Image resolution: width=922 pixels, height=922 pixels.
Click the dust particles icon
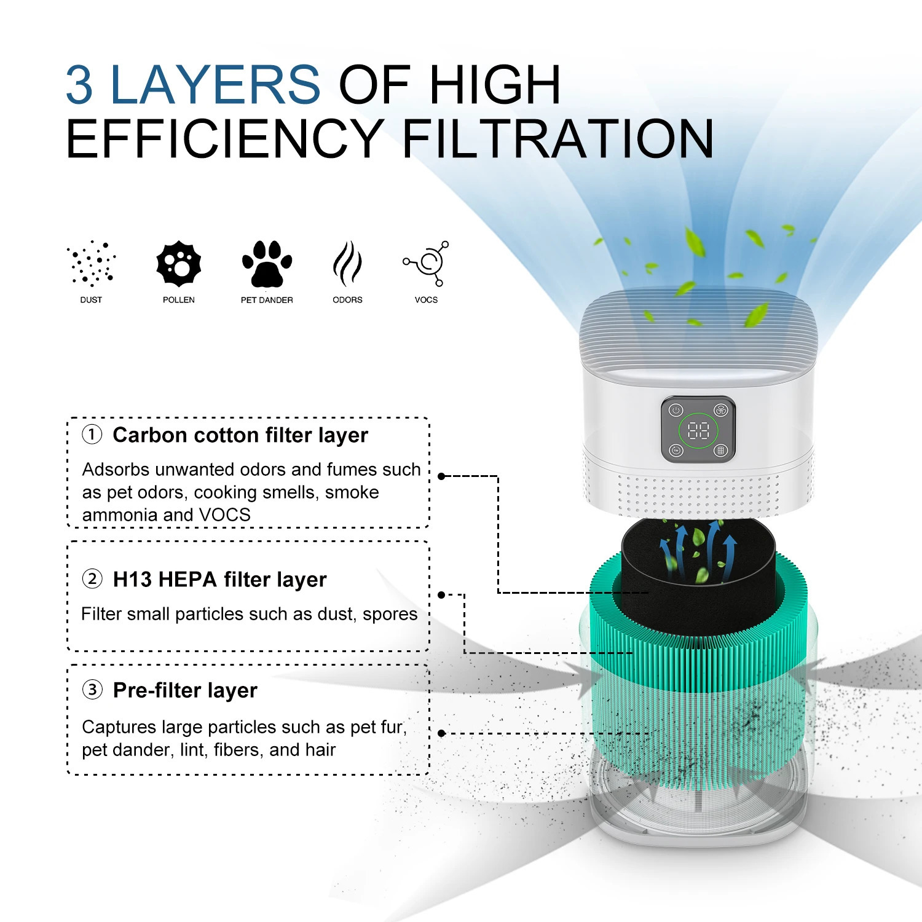coord(92,264)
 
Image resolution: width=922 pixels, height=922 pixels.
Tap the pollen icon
coord(178,264)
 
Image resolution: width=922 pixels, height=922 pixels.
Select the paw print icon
coord(267,264)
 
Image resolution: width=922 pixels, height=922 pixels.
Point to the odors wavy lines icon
coord(347,264)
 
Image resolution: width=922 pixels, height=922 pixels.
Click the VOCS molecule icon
coord(427,264)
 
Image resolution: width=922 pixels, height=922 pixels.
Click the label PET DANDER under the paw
coord(267,300)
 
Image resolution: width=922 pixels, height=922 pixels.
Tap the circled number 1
coord(92,435)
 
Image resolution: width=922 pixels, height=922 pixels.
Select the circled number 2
coord(92,578)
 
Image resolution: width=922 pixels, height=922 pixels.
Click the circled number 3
coord(92,689)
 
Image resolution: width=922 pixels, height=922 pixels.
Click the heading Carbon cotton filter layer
coord(240,435)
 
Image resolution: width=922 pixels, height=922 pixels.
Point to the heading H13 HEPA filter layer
coord(219,579)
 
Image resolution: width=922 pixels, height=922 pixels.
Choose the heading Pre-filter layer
coord(185,690)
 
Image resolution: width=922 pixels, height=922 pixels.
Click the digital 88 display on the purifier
coord(698,430)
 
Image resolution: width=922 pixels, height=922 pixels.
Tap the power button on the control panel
coord(676,410)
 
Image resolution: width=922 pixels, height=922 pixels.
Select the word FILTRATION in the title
coord(558,140)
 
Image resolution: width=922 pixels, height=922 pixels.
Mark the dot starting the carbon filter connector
coord(441,476)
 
